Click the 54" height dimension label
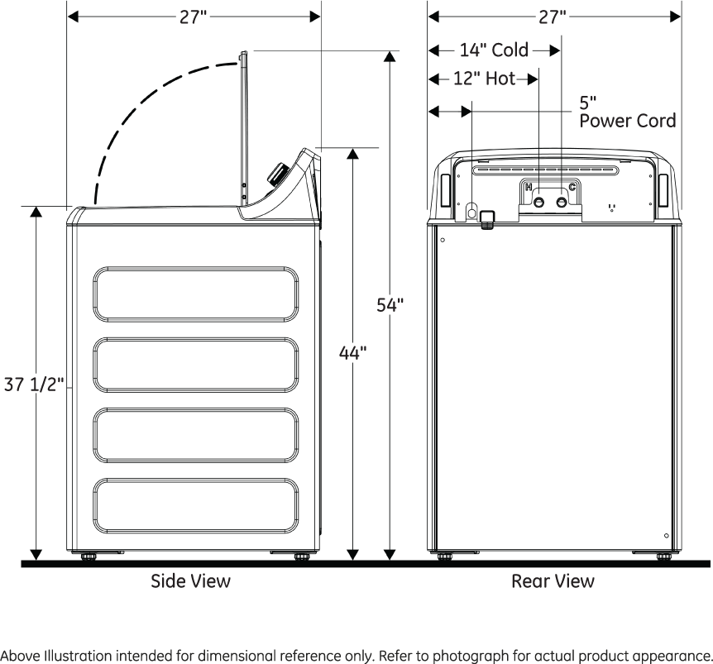coord(390,305)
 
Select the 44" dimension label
coord(353,353)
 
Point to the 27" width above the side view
coord(194,17)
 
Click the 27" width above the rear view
coord(553,17)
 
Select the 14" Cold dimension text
coord(494,50)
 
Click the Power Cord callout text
coord(627,121)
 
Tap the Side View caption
coord(190,580)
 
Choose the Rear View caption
coord(553,580)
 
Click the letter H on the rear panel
coord(528,188)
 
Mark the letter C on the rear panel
coord(572,188)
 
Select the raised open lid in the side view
coord(244,124)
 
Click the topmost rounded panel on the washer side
coord(196,294)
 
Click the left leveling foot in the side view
coord(87,557)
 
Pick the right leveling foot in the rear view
coord(663,557)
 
